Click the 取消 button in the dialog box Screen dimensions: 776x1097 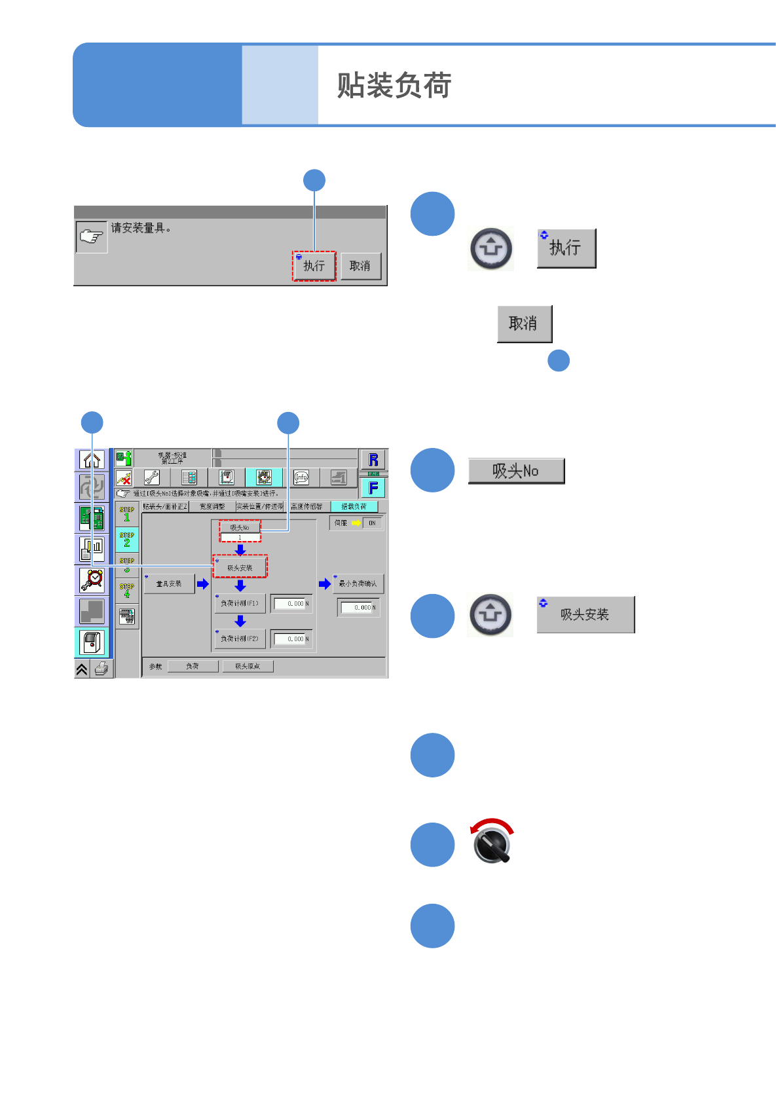pyautogui.click(x=360, y=266)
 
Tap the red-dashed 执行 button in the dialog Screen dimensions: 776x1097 pyautogui.click(x=314, y=266)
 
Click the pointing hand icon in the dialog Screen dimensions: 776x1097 pyautogui.click(x=92, y=236)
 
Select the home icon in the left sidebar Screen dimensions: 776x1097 pyautogui.click(x=92, y=460)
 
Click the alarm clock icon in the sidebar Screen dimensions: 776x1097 pyautogui.click(x=92, y=580)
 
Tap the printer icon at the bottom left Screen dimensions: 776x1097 pyautogui.click(x=102, y=669)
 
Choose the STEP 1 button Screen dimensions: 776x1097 pyautogui.click(x=127, y=513)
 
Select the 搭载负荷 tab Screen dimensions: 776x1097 pyautogui.click(x=354, y=506)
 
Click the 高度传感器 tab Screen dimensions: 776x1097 pyautogui.click(x=306, y=506)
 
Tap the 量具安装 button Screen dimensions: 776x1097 pyautogui.click(x=169, y=584)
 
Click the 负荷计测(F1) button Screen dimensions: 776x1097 pyautogui.click(x=240, y=603)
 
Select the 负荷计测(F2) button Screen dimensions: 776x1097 pyautogui.click(x=240, y=639)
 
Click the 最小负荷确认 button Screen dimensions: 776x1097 pyautogui.click(x=358, y=584)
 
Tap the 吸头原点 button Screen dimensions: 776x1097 pyautogui.click(x=248, y=666)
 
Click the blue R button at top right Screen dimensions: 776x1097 pyautogui.click(x=373, y=460)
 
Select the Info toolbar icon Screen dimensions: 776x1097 pyautogui.click(x=301, y=477)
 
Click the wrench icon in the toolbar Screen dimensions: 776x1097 pyautogui.click(x=151, y=477)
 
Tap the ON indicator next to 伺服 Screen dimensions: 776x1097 pyautogui.click(x=372, y=523)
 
